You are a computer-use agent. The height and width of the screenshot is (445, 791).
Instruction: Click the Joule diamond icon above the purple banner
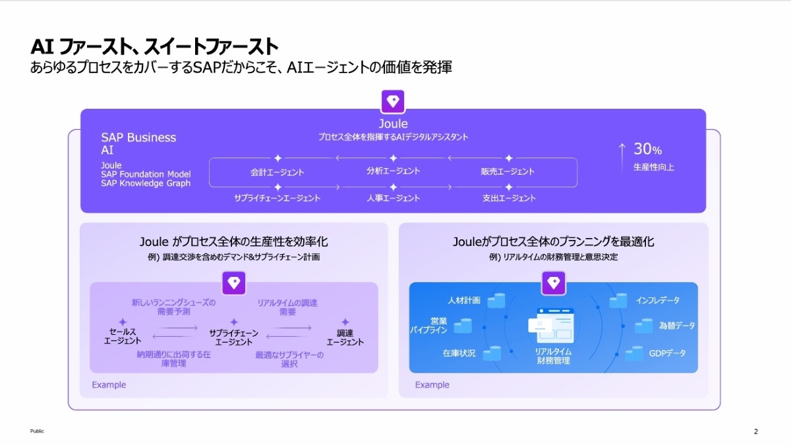click(x=393, y=102)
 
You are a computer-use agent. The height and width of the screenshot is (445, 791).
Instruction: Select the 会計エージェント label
click(x=278, y=172)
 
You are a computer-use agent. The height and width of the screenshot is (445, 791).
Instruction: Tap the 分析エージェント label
click(x=393, y=171)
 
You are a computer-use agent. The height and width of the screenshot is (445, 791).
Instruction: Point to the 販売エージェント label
click(x=508, y=171)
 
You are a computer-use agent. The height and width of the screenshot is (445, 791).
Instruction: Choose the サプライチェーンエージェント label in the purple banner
click(x=278, y=198)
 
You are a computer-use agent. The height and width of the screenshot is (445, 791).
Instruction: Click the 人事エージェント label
click(x=393, y=198)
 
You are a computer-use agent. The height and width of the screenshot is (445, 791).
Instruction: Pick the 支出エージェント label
click(x=509, y=198)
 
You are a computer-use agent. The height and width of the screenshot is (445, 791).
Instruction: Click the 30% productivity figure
click(x=647, y=149)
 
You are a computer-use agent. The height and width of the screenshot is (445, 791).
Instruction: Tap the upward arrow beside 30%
click(x=622, y=158)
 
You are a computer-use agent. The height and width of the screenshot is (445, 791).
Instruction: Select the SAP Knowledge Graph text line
click(x=146, y=183)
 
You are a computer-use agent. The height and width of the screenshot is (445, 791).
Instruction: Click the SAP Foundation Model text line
click(x=146, y=174)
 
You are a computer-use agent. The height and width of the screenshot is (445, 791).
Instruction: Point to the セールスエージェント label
click(x=123, y=336)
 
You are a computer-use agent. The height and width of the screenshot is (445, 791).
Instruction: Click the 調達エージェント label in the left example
click(x=345, y=338)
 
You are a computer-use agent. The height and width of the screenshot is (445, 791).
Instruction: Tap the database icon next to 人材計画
click(x=496, y=301)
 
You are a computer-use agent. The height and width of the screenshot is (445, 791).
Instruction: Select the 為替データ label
click(x=676, y=325)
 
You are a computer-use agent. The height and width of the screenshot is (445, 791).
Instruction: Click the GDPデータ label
click(x=667, y=353)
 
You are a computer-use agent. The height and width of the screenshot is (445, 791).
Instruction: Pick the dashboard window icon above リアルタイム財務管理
click(x=551, y=326)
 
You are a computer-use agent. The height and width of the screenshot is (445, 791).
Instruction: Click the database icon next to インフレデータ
click(x=618, y=301)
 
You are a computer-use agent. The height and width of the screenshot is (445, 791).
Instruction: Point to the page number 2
click(x=755, y=431)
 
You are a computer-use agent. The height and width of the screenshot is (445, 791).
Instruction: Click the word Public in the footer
click(x=37, y=431)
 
